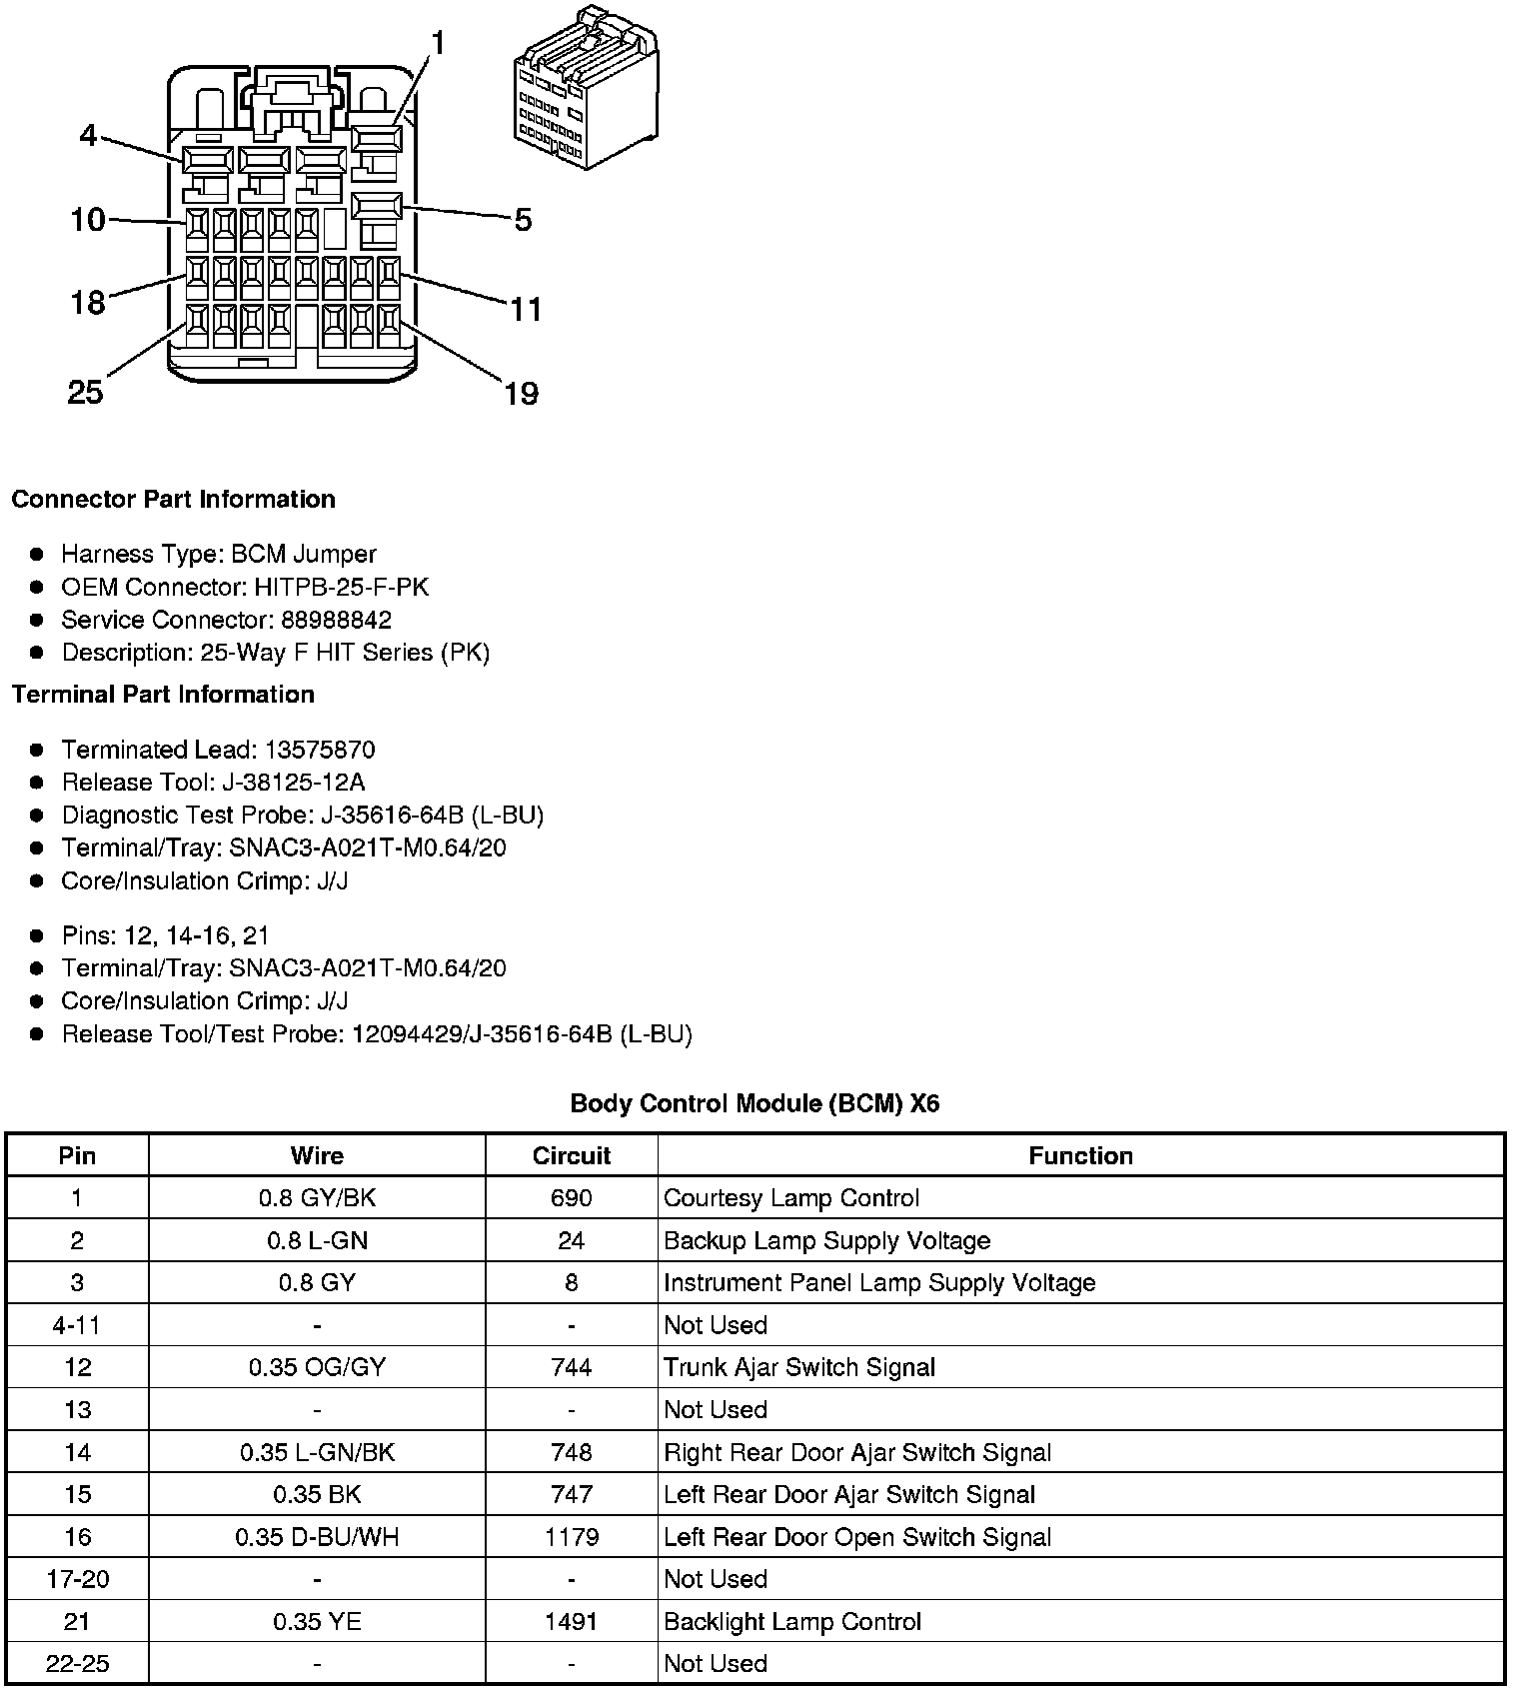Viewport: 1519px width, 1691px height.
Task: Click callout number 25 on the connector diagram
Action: pyautogui.click(x=85, y=392)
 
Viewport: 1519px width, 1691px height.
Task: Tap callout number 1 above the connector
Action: pyautogui.click(x=438, y=43)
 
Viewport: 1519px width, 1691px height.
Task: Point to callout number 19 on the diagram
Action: pyautogui.click(x=521, y=394)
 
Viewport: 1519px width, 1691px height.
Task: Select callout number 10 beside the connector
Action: pyautogui.click(x=88, y=219)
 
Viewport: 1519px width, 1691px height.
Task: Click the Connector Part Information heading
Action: pyautogui.click(x=173, y=499)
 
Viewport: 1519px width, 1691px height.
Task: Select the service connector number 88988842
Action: pyautogui.click(x=336, y=620)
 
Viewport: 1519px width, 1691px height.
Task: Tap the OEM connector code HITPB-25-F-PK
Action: pyautogui.click(x=341, y=587)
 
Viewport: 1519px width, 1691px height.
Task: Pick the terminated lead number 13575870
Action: pyautogui.click(x=320, y=750)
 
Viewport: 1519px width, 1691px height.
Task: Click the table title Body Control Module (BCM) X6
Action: pyautogui.click(x=755, y=1103)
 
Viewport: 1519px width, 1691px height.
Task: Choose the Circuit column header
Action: pyautogui.click(x=571, y=1155)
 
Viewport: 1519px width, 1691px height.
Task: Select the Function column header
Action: pyautogui.click(x=1080, y=1155)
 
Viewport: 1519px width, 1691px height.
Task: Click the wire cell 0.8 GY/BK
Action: pyautogui.click(x=317, y=1197)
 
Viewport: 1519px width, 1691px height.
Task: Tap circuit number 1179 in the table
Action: pyautogui.click(x=571, y=1536)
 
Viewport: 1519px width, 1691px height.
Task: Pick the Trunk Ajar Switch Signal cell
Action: pyautogui.click(x=799, y=1367)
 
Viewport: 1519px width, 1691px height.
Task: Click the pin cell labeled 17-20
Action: pyautogui.click(x=77, y=1579)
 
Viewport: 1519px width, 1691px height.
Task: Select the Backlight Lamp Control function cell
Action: pyautogui.click(x=792, y=1621)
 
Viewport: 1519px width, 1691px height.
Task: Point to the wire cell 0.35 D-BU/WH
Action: pyautogui.click(x=317, y=1536)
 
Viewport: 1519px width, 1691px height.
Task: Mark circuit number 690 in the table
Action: pyautogui.click(x=571, y=1197)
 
